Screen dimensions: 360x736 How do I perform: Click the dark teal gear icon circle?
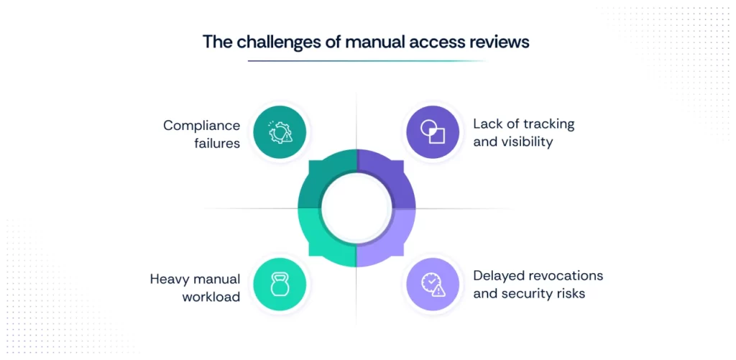point(280,133)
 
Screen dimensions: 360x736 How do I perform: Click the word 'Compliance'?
point(201,125)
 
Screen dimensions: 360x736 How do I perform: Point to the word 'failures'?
point(217,143)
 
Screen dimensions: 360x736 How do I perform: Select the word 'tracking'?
point(548,124)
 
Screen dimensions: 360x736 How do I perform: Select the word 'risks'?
point(569,293)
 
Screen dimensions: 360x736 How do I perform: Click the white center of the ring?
point(356,208)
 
